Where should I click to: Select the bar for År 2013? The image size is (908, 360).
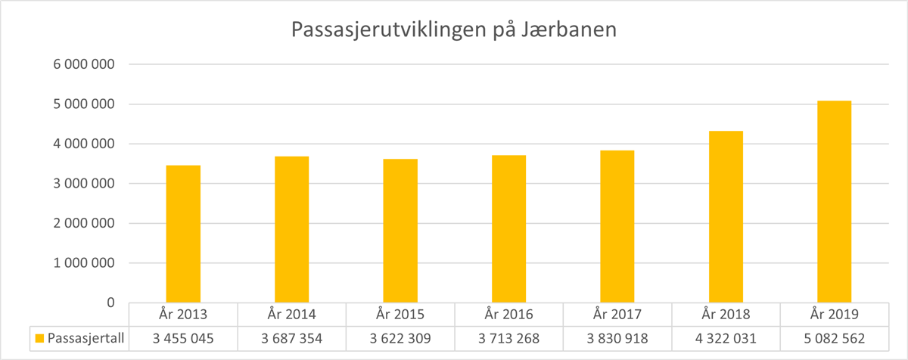pos(183,234)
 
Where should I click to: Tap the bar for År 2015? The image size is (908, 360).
pos(400,231)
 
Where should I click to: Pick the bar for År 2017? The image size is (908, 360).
pos(617,226)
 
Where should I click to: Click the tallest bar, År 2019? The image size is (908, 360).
pos(834,201)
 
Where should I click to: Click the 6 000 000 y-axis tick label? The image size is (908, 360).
pos(83,64)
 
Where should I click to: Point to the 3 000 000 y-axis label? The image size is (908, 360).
pos(83,184)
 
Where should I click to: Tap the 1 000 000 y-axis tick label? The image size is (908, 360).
pos(83,263)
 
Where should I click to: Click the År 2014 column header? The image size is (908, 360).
pos(291,314)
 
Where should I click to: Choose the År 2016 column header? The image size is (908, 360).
pos(508,314)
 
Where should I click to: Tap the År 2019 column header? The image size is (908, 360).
pos(834,314)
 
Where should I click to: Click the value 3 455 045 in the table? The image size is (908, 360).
pos(183,338)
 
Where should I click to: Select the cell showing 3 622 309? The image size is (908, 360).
pos(400,338)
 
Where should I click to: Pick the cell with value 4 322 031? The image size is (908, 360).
pos(726,338)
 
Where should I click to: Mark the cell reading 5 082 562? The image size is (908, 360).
pos(834,338)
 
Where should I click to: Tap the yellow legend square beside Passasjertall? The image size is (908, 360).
pos(39,338)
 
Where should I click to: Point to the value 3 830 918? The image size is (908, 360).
pos(617,338)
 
